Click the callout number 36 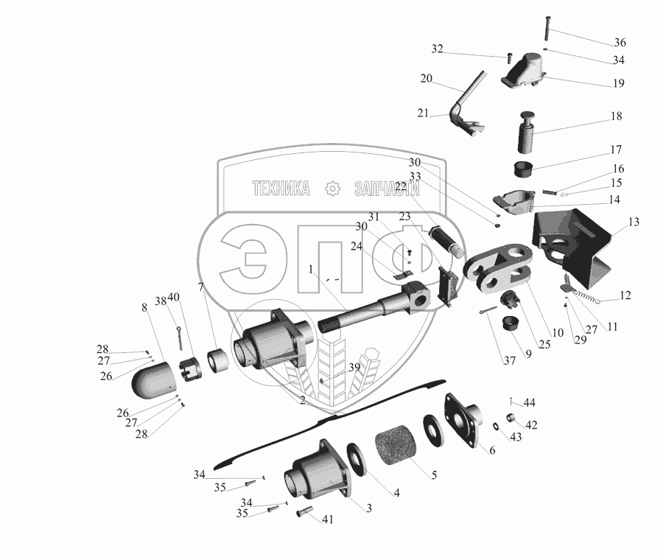pos(620,41)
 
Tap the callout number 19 pos(618,83)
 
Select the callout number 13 pos(634,222)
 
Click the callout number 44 pos(530,402)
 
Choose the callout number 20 pos(427,78)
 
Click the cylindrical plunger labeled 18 pos(527,133)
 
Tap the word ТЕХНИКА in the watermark pos(281,189)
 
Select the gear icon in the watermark pos(334,189)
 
